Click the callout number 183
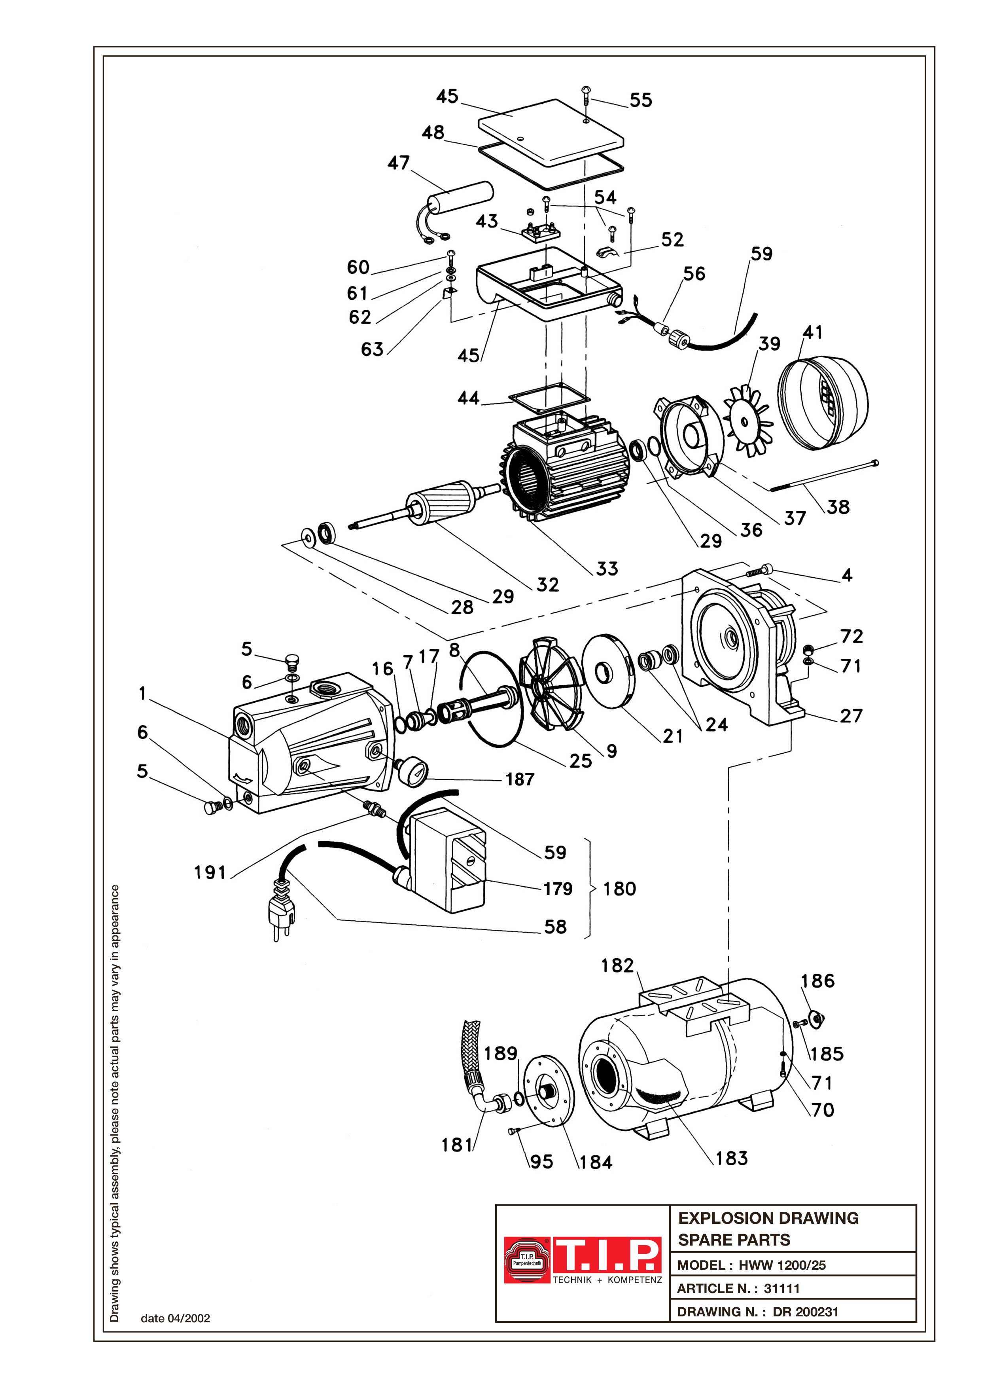click(x=732, y=1158)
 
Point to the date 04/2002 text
click(x=175, y=1318)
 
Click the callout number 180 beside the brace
click(x=619, y=889)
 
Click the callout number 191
click(x=210, y=873)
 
